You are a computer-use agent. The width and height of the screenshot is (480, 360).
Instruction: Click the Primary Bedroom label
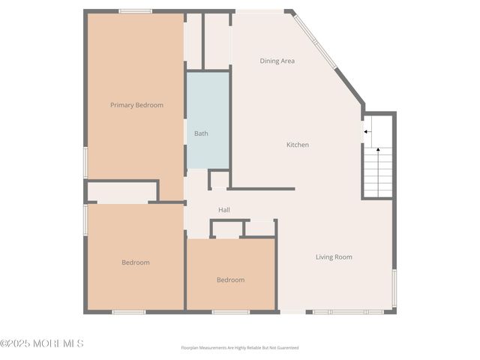point(136,105)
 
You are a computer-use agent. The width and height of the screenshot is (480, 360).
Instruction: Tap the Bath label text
point(201,133)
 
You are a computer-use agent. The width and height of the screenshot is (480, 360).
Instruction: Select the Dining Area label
point(277,61)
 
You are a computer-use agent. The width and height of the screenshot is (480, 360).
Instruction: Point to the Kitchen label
point(298,145)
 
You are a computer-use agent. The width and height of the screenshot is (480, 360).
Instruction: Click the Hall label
point(224,210)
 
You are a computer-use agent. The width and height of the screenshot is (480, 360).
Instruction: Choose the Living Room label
point(334,257)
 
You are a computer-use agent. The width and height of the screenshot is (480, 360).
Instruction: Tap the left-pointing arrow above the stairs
point(367,132)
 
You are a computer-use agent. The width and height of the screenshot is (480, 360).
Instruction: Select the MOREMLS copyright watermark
point(42,343)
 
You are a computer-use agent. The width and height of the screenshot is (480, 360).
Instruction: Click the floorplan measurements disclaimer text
point(240,347)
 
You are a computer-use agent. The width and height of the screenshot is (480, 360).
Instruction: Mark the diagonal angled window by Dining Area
point(314,41)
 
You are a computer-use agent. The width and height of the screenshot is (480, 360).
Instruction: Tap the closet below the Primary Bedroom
point(121,191)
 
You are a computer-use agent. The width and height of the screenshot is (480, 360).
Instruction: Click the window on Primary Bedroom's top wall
point(136,11)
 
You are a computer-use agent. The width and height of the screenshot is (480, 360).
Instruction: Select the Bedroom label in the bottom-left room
point(136,262)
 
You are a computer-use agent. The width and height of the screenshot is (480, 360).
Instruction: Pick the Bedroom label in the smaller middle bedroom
point(230,280)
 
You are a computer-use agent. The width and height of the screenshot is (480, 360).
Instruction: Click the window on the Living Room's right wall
point(394,288)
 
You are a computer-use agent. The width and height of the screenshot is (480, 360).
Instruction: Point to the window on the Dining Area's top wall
point(259,11)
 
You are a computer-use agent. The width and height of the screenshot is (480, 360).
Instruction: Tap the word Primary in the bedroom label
point(122,105)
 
